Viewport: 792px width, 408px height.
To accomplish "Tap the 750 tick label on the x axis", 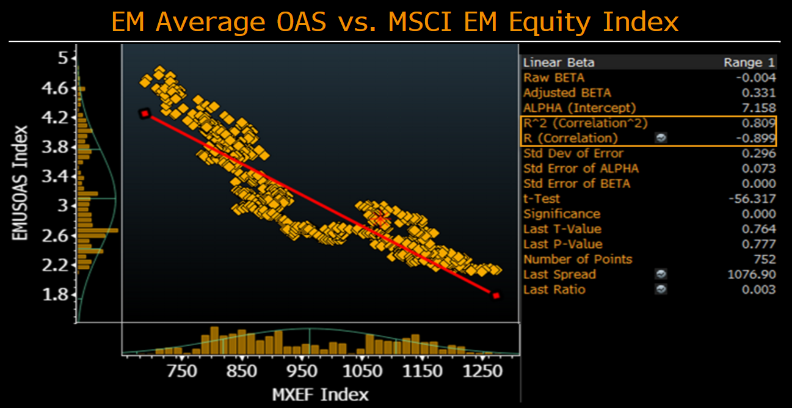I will point(182,371).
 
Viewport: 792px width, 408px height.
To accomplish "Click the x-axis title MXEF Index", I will point(320,394).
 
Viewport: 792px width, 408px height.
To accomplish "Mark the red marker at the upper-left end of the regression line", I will point(145,114).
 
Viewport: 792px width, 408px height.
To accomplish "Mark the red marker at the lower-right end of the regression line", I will point(496,296).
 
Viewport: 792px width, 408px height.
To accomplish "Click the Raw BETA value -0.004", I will point(756,78).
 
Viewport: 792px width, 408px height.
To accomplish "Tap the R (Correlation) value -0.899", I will point(756,138).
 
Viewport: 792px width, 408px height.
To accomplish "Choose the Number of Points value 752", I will point(765,259).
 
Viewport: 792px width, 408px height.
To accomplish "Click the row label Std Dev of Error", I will point(573,153).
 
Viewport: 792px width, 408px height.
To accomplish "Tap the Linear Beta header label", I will point(559,62).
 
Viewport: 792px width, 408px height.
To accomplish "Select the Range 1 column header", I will point(749,62).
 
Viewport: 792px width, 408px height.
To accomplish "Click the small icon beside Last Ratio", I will point(661,290).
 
